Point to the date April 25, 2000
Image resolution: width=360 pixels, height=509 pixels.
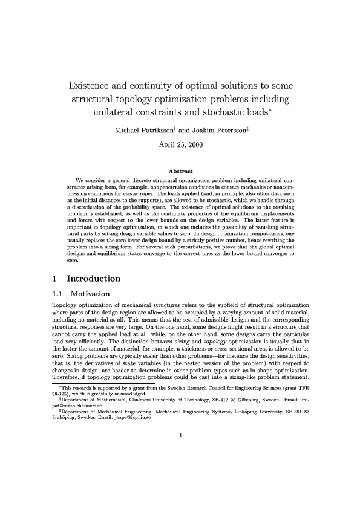[180, 145]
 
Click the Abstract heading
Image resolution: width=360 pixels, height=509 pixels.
[180, 172]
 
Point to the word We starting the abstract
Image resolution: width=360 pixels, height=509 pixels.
[79, 181]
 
